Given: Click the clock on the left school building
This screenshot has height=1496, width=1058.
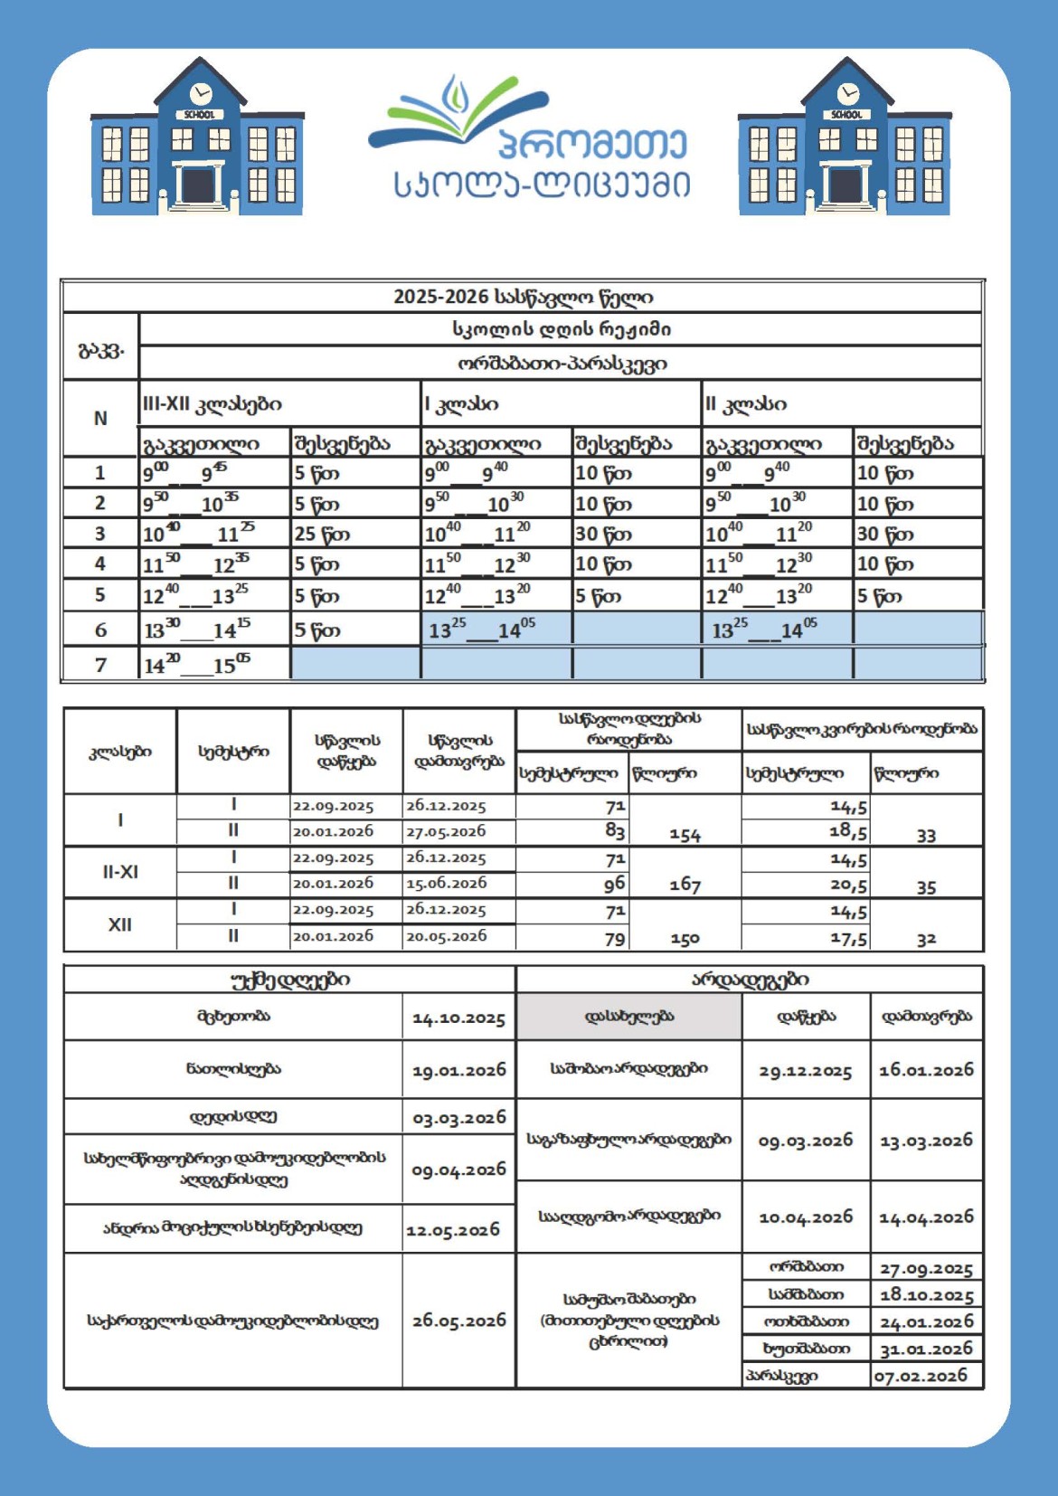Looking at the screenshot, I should coord(201,93).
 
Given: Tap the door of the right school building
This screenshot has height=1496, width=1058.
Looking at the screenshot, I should coord(845,186).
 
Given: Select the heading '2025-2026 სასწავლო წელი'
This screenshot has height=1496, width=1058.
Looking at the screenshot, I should coord(523,297).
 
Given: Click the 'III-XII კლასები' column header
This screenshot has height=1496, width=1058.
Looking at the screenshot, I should coord(213,403).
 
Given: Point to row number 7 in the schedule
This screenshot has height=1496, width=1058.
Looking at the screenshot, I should coord(100,665).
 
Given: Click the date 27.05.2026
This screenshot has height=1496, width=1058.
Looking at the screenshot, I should coord(446,830).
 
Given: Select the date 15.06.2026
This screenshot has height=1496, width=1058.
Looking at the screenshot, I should coord(446,883).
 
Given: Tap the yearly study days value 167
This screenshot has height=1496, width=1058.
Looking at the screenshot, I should coord(685,885).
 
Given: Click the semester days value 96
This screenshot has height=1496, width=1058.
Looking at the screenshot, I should coord(615,884).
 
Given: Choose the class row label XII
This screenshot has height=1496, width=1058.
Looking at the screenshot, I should coord(119,924).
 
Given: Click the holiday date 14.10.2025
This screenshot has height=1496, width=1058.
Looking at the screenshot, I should coord(458,1018).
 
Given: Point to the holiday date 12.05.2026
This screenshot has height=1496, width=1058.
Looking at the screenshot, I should coord(453,1230).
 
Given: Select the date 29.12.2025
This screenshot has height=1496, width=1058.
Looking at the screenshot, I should coord(805,1071).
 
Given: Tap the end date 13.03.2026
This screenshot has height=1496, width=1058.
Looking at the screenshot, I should coord(926,1141).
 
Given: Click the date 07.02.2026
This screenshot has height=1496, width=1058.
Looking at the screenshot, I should coord(921,1376).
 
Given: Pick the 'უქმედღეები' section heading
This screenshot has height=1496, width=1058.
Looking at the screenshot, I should coord(290,980).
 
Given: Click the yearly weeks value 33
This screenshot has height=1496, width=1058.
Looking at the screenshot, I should coord(926,836).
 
